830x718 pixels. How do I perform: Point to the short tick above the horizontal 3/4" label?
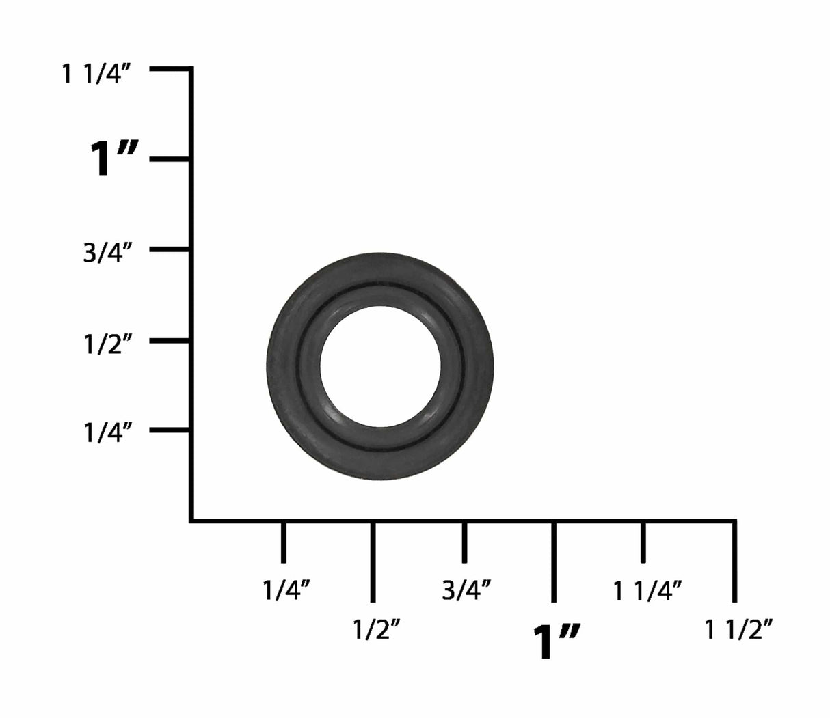pyautogui.click(x=464, y=542)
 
